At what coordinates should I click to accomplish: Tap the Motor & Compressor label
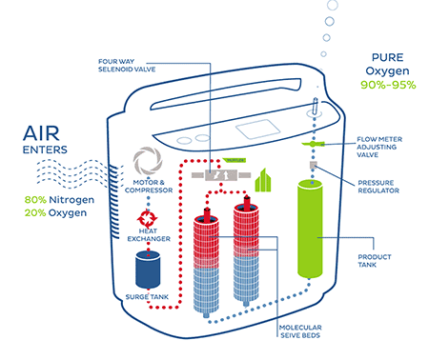tap(151, 187)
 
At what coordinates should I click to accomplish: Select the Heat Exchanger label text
tap(151, 235)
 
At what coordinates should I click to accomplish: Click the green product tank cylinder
tap(312, 237)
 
